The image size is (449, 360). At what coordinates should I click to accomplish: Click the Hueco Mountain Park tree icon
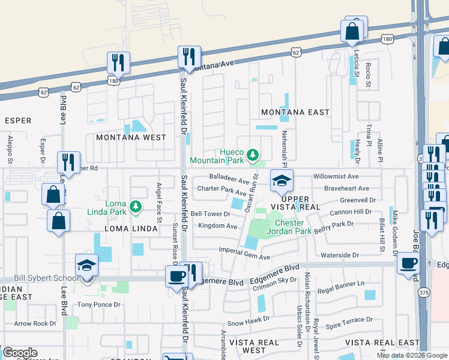tap(253, 155)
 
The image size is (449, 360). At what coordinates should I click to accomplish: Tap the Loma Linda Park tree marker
tap(136, 207)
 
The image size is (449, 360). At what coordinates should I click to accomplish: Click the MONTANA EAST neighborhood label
tap(295, 112)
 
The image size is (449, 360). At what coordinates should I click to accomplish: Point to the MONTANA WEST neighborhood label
tap(131, 137)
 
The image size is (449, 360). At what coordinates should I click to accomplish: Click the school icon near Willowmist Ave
tap(281, 180)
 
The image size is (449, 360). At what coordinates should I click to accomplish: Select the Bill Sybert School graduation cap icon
tap(86, 265)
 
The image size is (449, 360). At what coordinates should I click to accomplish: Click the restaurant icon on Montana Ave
tap(189, 56)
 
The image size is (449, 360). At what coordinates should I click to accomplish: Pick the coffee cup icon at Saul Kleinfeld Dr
tap(176, 277)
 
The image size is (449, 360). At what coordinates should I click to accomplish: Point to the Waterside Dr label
tap(340, 255)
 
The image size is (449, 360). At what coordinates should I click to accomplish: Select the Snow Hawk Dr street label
tap(244, 323)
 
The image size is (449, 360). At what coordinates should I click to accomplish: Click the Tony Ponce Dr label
tap(100, 305)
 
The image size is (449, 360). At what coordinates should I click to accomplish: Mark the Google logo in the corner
tap(20, 353)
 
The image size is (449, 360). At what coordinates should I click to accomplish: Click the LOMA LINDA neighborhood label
tap(131, 229)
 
